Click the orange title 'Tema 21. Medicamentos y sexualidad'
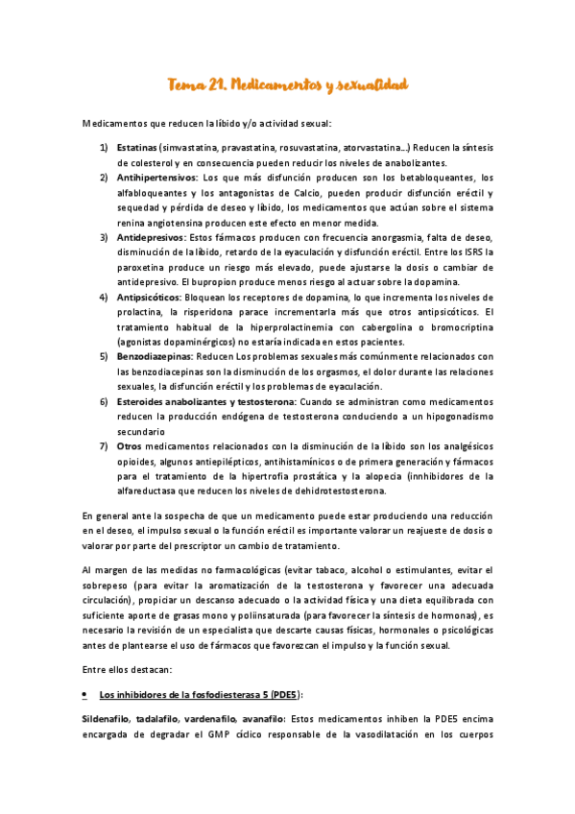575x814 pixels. (x=288, y=85)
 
